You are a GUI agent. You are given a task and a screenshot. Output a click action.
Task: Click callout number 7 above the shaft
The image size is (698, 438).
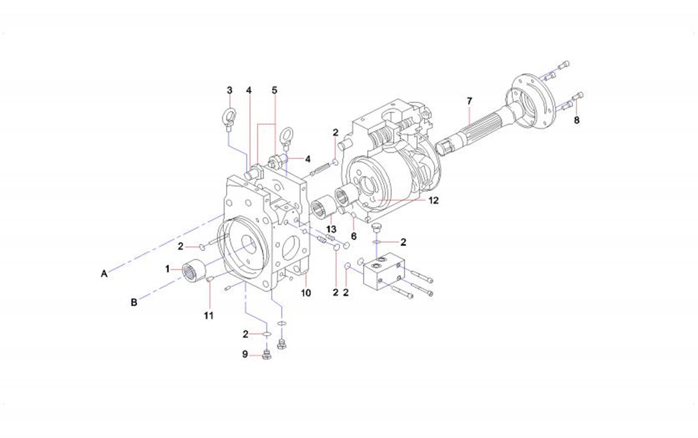click(x=469, y=100)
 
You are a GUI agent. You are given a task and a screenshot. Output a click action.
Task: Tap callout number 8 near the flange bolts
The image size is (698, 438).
click(x=576, y=120)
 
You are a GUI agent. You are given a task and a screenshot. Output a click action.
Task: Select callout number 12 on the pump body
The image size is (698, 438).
click(x=433, y=199)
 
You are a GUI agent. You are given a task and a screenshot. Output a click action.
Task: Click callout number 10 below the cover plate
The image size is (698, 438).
click(x=306, y=293)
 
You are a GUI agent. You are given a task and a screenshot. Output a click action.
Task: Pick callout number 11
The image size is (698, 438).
click(x=209, y=315)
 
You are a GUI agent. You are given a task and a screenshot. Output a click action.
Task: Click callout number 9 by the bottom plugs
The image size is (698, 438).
click(x=245, y=354)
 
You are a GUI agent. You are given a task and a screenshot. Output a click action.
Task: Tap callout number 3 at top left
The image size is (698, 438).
click(x=229, y=90)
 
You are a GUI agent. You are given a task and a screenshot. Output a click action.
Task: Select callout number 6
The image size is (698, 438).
click(x=354, y=235)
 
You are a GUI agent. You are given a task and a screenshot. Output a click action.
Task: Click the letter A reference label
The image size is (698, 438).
click(x=104, y=273)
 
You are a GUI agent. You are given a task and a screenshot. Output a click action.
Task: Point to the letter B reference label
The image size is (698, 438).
click(x=134, y=302)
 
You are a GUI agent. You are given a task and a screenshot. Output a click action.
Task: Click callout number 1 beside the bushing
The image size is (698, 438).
click(x=169, y=269)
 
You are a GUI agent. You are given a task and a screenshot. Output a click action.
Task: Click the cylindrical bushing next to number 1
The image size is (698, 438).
click(x=193, y=270)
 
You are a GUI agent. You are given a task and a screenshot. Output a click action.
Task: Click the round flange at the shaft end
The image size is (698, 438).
click(x=531, y=100)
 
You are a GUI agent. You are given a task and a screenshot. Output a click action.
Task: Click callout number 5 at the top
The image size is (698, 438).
click(x=274, y=90)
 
